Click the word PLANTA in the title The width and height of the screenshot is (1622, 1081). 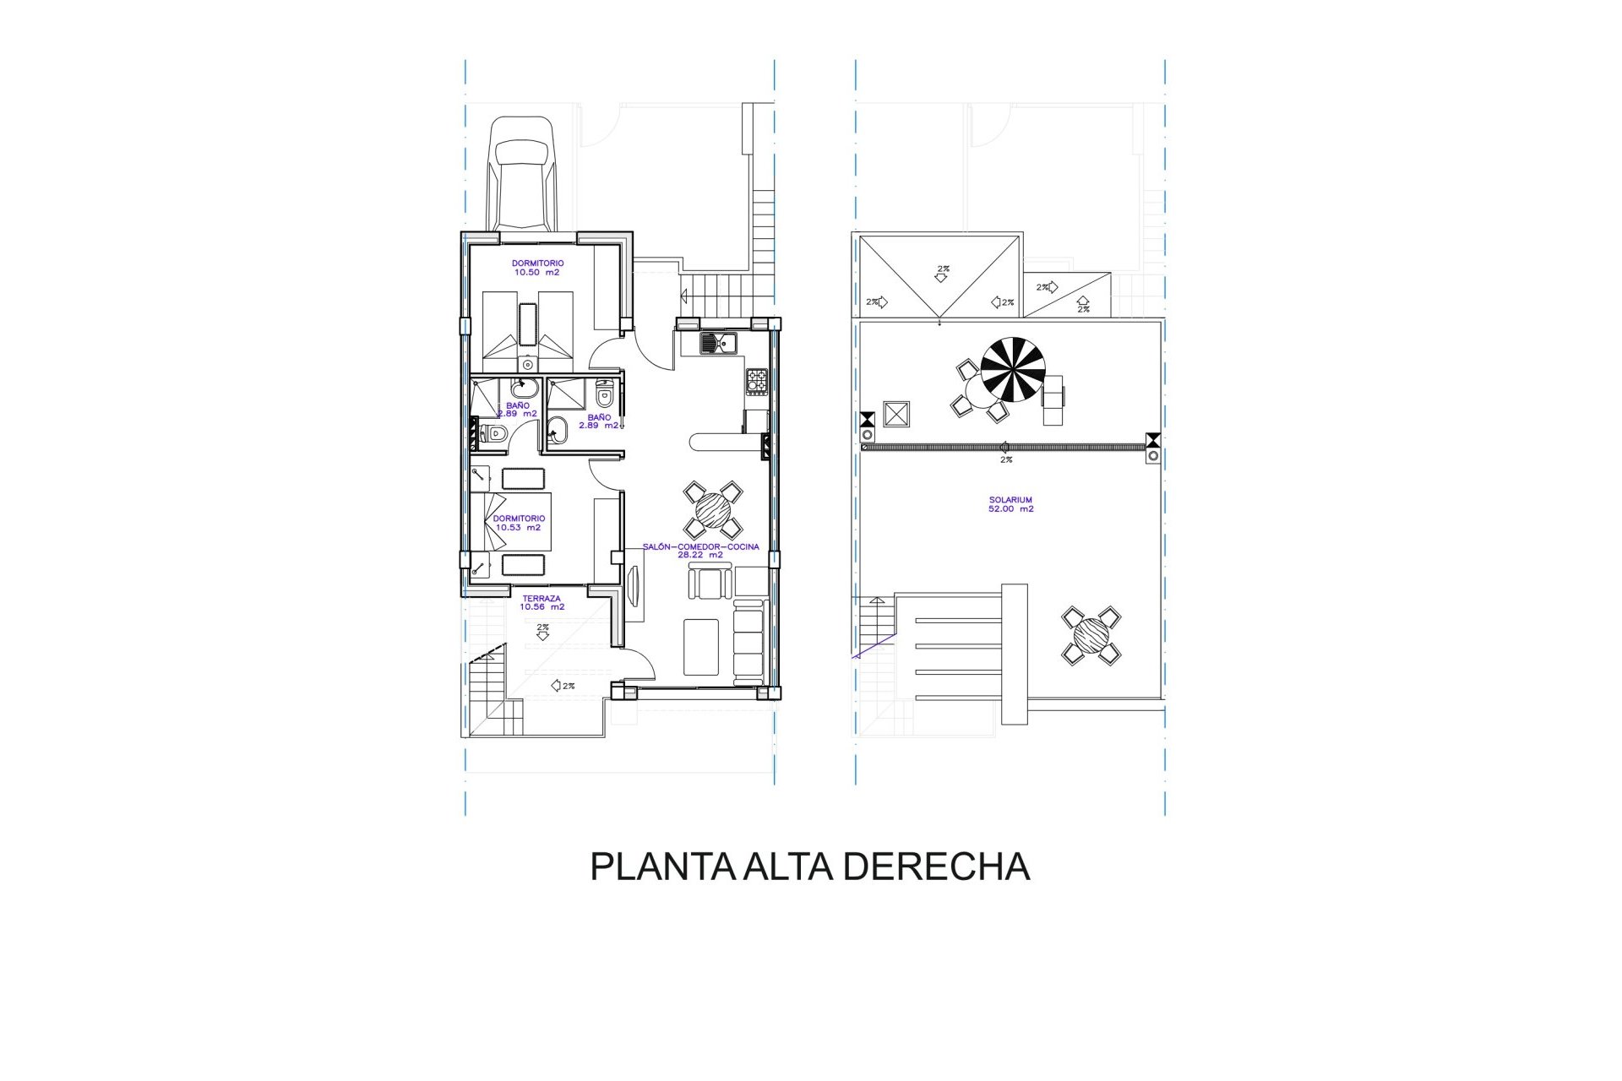point(663,867)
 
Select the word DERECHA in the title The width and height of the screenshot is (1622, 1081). point(937,867)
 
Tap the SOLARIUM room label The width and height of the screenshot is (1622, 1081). point(1010,500)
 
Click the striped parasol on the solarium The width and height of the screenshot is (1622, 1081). point(1013,370)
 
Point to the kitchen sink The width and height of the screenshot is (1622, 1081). point(718,343)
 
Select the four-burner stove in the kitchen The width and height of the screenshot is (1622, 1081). point(757,381)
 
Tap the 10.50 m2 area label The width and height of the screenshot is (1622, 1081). point(536,273)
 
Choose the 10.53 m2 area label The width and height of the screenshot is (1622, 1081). point(519,528)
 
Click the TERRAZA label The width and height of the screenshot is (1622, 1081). point(542,599)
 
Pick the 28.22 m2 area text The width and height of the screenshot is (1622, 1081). point(700,555)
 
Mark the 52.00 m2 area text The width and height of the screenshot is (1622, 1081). point(1010,509)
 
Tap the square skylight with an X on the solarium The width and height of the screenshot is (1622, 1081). point(895,414)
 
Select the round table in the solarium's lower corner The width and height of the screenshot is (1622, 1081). point(1091,635)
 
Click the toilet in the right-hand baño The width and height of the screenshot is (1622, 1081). point(604,394)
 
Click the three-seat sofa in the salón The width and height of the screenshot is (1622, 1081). point(748,641)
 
